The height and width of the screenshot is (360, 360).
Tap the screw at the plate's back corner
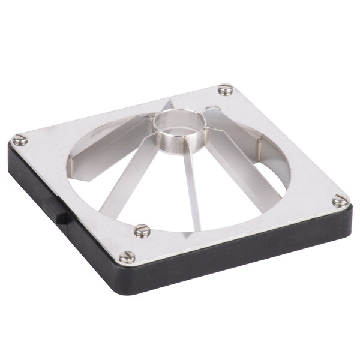(225, 89)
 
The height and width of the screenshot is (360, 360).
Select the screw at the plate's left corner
(20, 140)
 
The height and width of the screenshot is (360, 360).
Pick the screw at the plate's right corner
(340, 200)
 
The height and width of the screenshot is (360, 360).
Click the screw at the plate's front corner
(127, 257)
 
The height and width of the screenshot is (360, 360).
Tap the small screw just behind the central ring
(212, 109)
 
